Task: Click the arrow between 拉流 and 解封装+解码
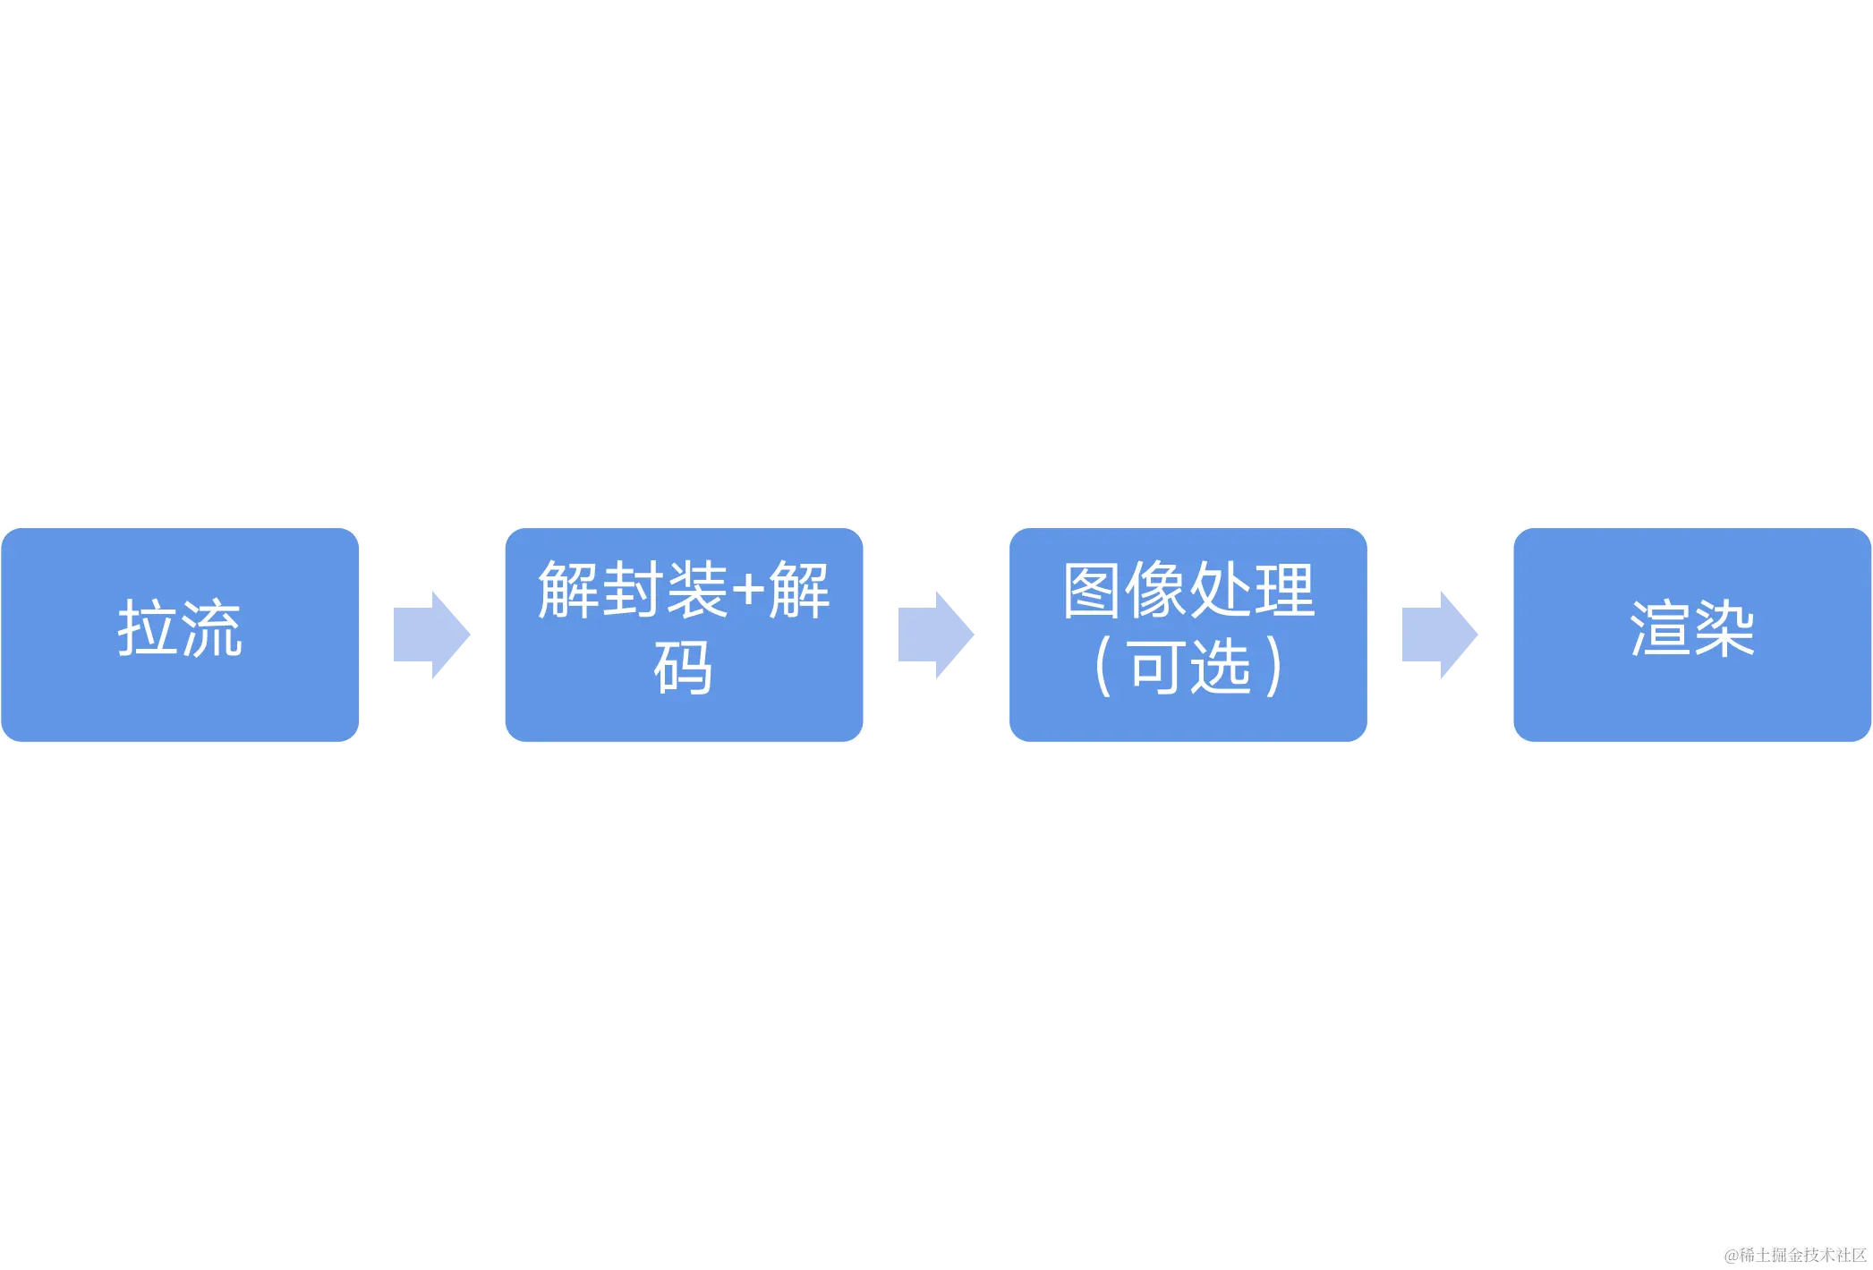pyautogui.click(x=432, y=634)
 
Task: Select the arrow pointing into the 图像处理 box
pyautogui.click(x=936, y=634)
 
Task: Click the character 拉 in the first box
pyautogui.click(x=148, y=628)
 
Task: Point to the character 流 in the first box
pyautogui.click(x=212, y=628)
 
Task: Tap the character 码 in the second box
pyautogui.click(x=684, y=668)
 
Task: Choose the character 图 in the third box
pyautogui.click(x=1093, y=590)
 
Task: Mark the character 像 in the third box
pyautogui.click(x=1156, y=590)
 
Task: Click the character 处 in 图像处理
pyautogui.click(x=1220, y=590)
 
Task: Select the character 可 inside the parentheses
pyautogui.click(x=1157, y=668)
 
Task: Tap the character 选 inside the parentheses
pyautogui.click(x=1220, y=668)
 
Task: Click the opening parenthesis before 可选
pyautogui.click(x=1103, y=668)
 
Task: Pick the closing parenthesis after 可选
pyautogui.click(x=1274, y=668)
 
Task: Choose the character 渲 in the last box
pyautogui.click(x=1660, y=628)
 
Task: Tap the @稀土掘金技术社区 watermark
pyautogui.click(x=1794, y=1254)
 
